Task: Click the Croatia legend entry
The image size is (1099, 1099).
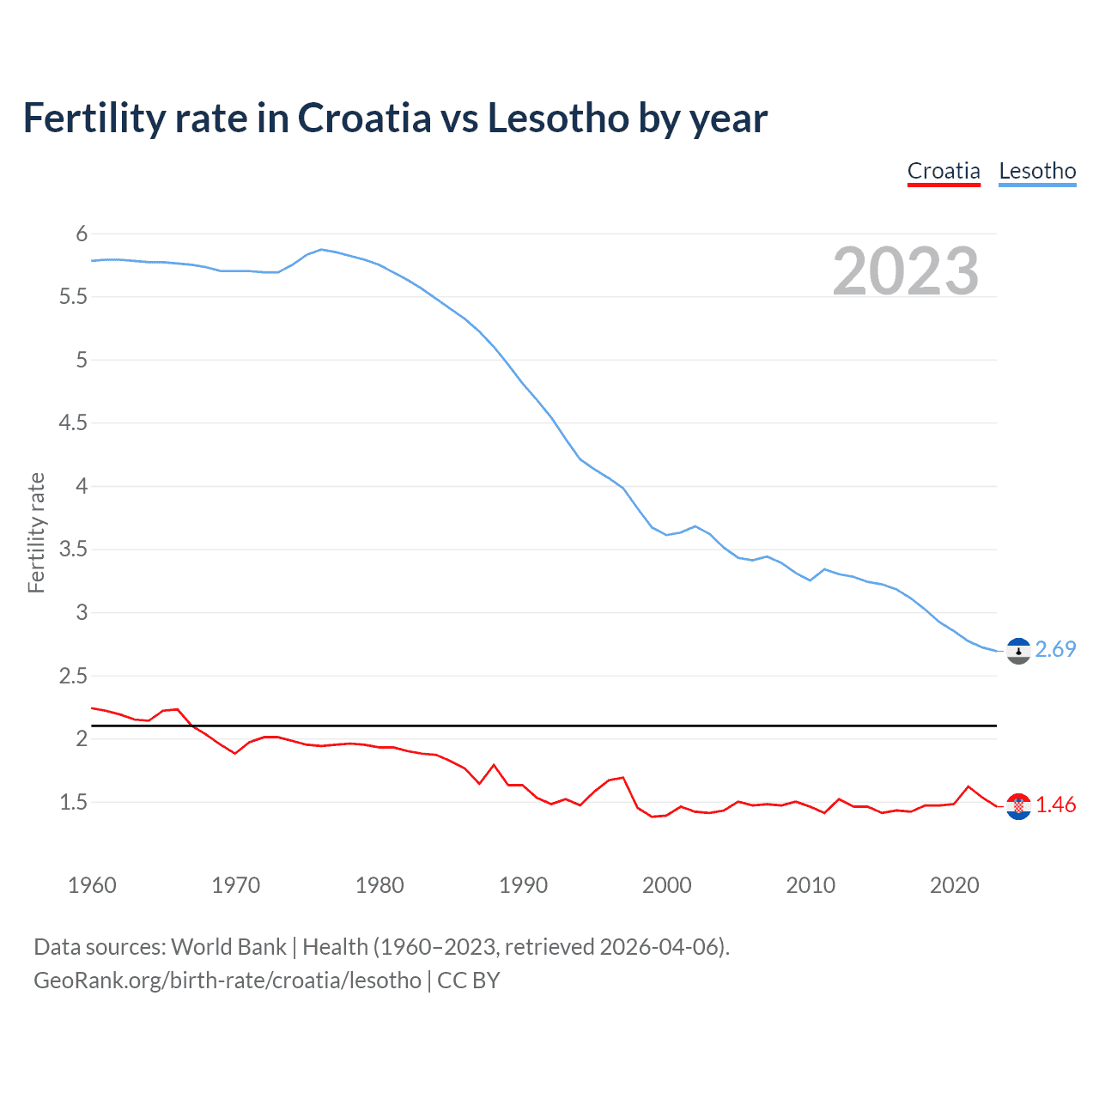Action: (x=944, y=171)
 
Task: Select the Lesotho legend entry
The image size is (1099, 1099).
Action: (x=1037, y=171)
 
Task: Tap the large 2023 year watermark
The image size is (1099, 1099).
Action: (x=906, y=271)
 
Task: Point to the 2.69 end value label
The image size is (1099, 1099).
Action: (x=1055, y=649)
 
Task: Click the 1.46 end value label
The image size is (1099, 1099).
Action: (x=1055, y=805)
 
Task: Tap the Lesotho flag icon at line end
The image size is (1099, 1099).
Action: (x=1018, y=652)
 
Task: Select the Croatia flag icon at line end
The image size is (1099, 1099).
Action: (x=1018, y=805)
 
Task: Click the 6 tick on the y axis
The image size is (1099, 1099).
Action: (x=82, y=234)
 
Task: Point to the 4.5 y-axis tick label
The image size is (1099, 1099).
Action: (x=73, y=422)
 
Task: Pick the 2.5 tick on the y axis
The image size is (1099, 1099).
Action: (x=73, y=676)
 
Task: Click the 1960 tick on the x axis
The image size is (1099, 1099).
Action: (x=92, y=885)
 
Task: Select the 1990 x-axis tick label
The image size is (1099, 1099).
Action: (x=523, y=885)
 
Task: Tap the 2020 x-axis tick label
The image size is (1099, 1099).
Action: (x=954, y=885)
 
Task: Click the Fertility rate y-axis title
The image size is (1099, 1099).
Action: (x=36, y=532)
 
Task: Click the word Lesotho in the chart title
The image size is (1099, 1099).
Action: (x=557, y=118)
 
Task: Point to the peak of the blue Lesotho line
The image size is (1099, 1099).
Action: (x=321, y=250)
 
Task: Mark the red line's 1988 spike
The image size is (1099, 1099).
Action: (x=494, y=765)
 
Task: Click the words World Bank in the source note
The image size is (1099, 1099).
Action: (x=228, y=947)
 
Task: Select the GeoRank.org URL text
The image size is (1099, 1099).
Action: (x=228, y=981)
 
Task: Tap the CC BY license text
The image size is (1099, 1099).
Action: (x=469, y=981)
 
